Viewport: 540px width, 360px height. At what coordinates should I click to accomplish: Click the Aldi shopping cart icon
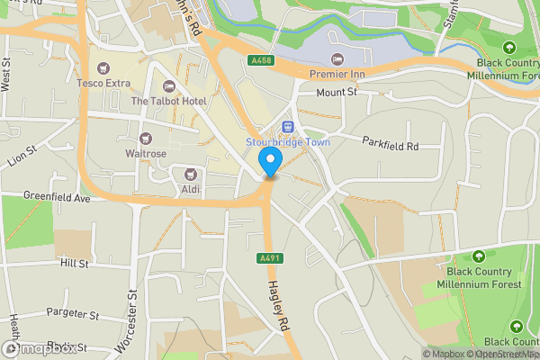coord(190,174)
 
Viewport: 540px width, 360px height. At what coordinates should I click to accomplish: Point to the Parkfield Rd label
coord(391,143)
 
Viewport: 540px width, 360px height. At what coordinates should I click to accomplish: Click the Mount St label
coord(337,92)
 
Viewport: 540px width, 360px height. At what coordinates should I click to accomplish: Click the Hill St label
coord(75,264)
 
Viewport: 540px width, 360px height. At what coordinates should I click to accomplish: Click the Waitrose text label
coord(146,154)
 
